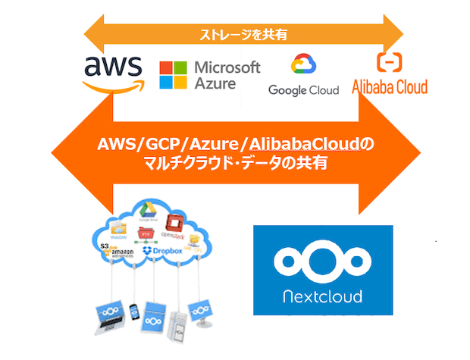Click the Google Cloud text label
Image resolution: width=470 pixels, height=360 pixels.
click(303, 90)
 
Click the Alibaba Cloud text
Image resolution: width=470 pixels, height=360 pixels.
click(390, 86)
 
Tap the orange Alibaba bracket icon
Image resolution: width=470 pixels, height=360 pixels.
click(390, 61)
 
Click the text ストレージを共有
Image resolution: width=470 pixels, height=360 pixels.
click(243, 33)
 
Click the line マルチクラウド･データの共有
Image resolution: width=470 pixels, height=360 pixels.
click(237, 162)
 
